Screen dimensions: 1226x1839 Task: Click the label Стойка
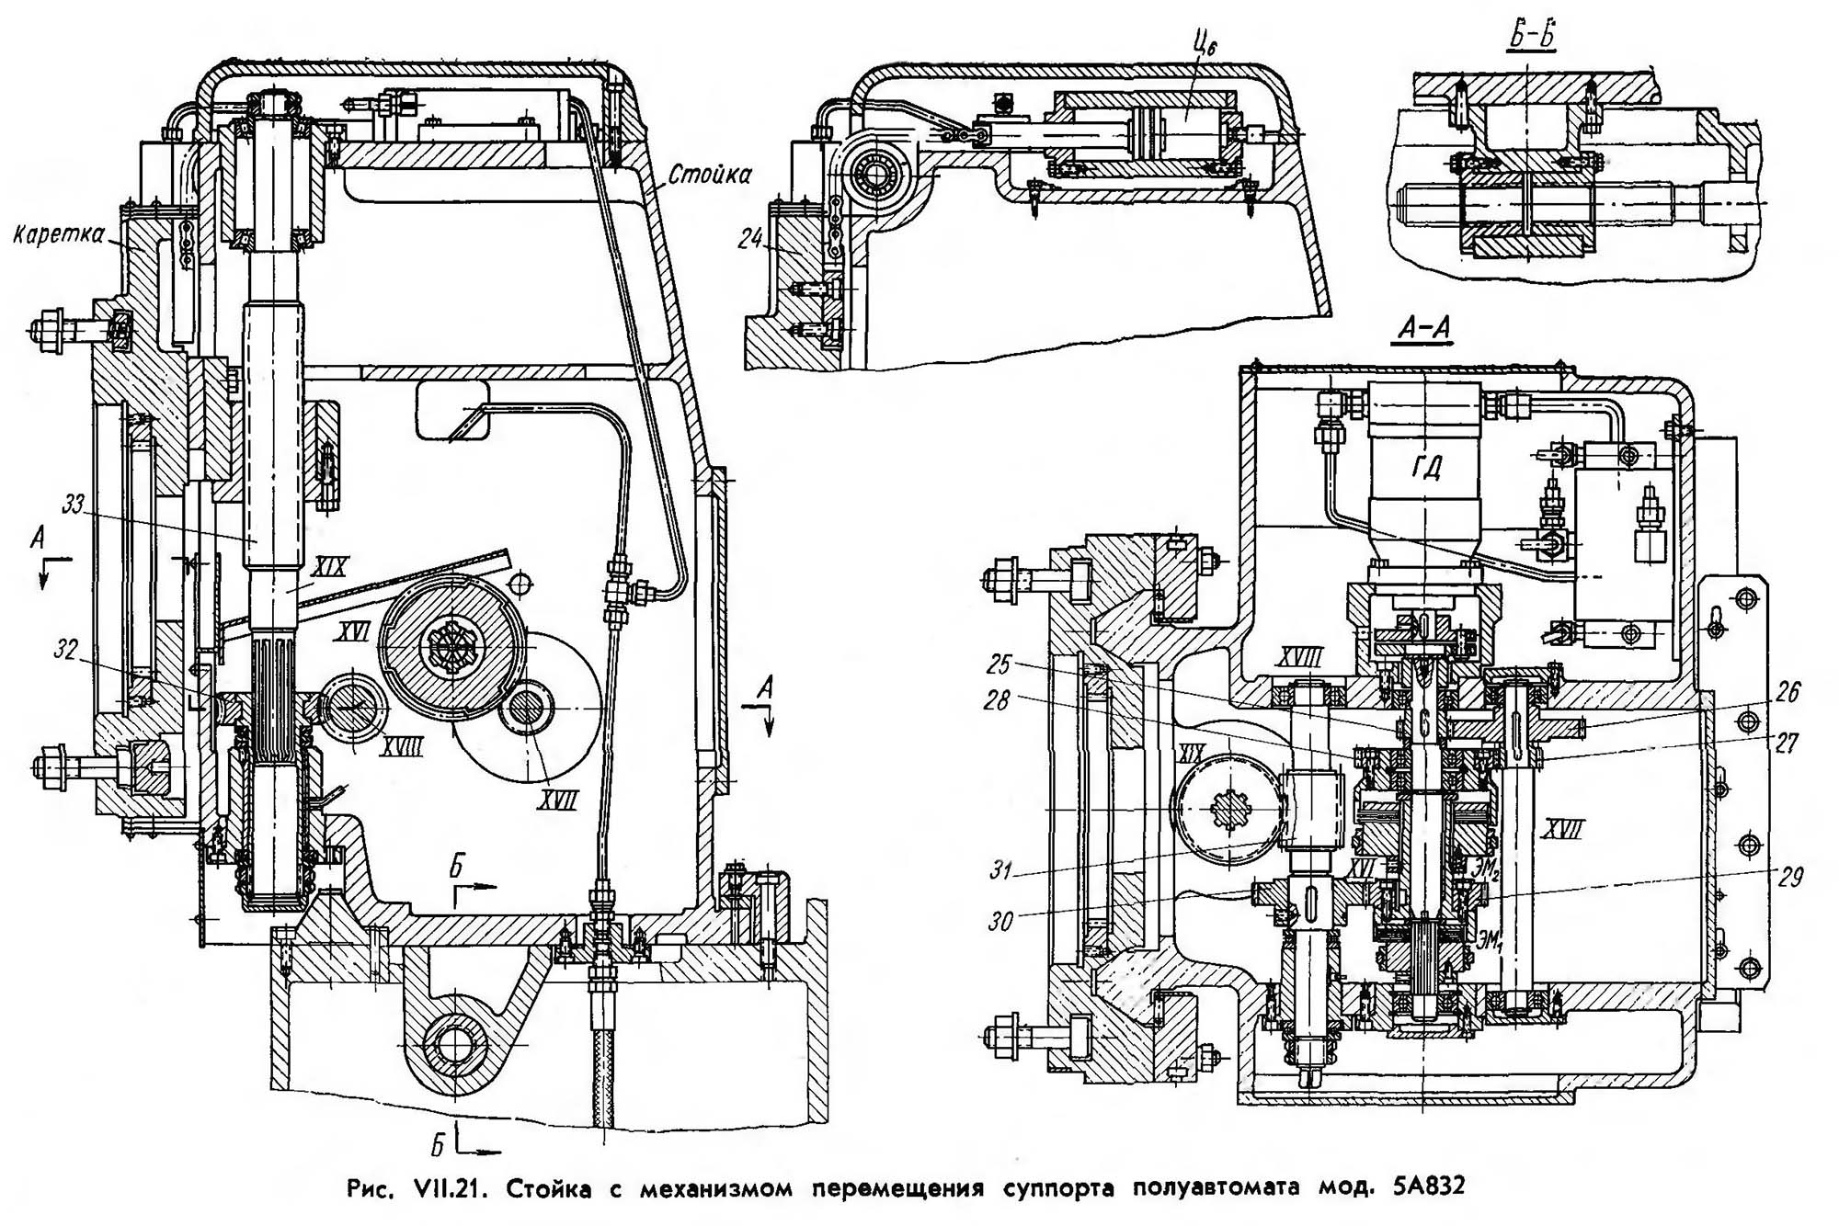(709, 173)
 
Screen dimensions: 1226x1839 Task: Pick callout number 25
(1000, 663)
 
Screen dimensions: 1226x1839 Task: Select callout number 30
(1000, 920)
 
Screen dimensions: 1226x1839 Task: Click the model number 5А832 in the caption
(1417, 1186)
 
